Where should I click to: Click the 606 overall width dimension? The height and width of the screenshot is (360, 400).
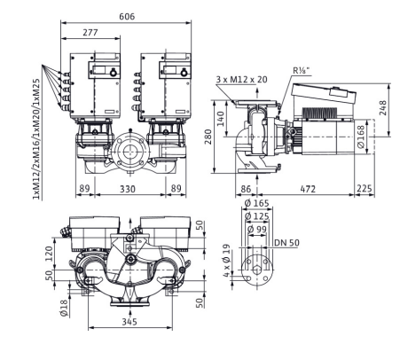point(127,16)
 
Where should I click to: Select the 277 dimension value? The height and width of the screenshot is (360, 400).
point(90,32)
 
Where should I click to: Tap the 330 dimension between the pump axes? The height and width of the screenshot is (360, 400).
point(128,189)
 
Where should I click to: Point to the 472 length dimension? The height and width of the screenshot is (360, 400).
point(308,189)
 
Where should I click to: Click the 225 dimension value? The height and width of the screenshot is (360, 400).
point(365,189)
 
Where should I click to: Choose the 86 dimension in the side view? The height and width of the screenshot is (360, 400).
point(246,189)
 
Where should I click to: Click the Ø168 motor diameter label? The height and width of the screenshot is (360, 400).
point(361,137)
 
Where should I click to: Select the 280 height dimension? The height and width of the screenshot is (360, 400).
point(208,137)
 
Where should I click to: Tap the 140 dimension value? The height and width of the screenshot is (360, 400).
point(221,119)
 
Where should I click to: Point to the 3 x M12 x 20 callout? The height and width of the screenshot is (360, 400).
point(241,79)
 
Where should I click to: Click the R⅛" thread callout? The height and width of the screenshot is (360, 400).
point(302,70)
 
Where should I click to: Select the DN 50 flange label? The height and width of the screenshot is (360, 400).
point(286,243)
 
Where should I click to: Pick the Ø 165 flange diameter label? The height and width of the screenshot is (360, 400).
point(257,203)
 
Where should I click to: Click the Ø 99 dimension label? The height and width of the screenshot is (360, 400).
point(257,229)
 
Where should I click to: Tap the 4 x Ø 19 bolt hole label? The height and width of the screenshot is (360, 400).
point(226,261)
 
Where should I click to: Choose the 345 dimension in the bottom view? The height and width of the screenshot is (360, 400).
point(129,321)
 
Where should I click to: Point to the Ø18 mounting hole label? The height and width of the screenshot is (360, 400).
point(64,309)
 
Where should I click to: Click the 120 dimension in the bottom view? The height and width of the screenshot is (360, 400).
point(49,254)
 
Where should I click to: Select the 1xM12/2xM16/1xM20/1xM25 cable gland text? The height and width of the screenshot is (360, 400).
point(35,139)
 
